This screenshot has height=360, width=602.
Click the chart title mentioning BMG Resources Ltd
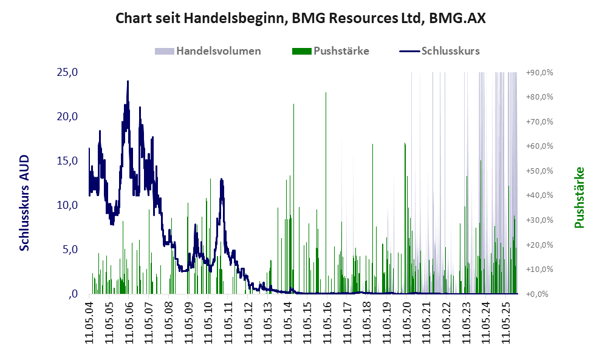[301, 18]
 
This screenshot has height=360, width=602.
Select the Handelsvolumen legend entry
[218, 51]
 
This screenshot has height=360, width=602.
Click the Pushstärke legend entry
[341, 51]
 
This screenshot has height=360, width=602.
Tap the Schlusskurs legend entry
[450, 51]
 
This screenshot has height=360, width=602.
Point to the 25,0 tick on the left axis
[67, 72]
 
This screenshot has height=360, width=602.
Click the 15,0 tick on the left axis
[67, 161]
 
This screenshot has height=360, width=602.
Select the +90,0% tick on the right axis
[539, 72]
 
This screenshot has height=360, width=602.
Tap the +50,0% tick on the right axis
[539, 171]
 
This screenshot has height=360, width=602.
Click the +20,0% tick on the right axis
[539, 245]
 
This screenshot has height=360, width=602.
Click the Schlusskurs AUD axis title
[25, 203]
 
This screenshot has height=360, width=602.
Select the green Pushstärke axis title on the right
[579, 198]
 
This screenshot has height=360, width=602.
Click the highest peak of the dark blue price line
[128, 81]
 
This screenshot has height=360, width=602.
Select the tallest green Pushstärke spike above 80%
[326, 93]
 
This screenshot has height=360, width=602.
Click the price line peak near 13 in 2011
[222, 179]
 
